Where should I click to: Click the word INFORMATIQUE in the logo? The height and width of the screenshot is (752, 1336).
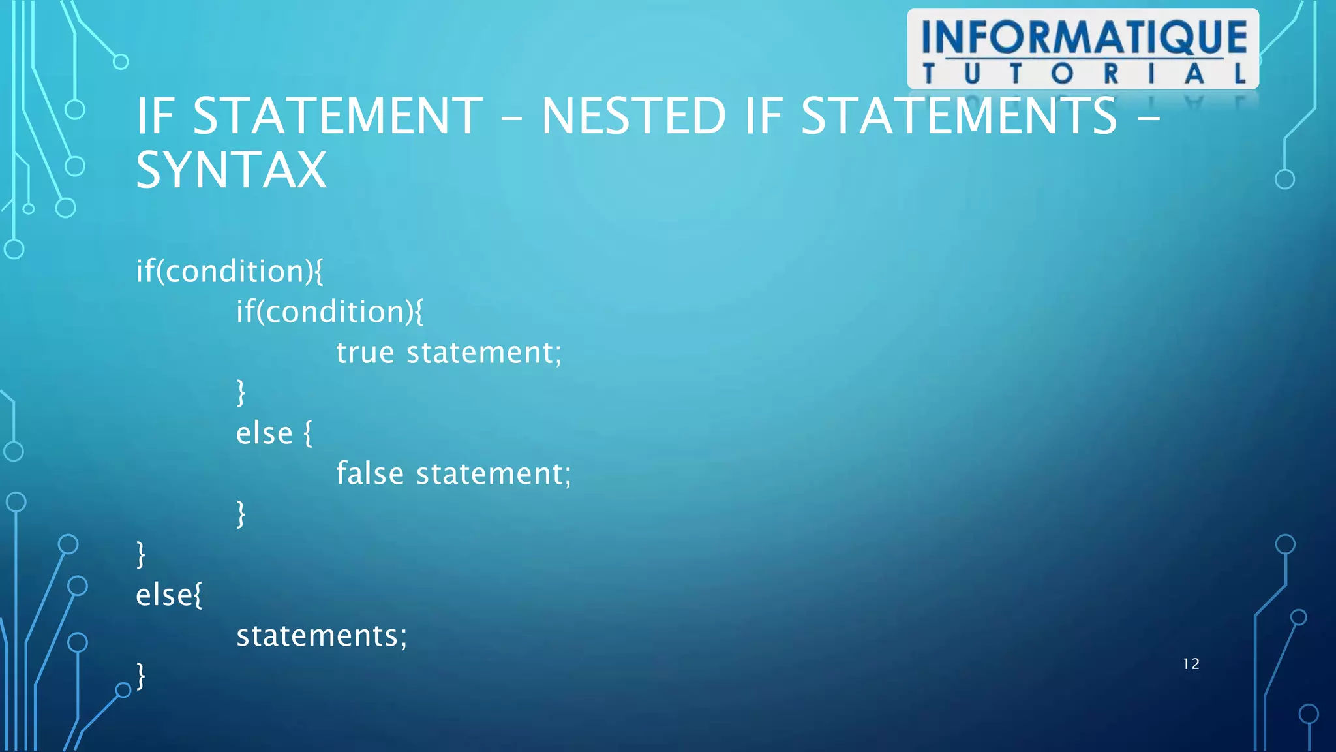pos(1084,37)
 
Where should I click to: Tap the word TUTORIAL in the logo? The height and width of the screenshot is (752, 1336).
pos(1084,74)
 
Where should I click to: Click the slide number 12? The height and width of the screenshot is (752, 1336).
pos(1191,664)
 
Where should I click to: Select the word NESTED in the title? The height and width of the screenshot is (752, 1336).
pos(633,116)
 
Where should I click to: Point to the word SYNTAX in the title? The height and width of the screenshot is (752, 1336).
pos(231,170)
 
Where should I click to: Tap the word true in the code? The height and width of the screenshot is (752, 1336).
pos(365,352)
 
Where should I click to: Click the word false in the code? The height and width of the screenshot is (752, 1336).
pos(370,473)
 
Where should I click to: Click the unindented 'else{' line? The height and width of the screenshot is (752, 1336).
pos(169,595)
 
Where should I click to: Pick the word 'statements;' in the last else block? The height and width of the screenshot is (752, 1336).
pos(322,636)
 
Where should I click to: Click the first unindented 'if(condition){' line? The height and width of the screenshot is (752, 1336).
pos(229,272)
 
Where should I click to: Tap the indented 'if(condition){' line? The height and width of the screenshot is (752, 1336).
pos(329,312)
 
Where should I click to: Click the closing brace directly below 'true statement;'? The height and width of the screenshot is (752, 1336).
pos(241,393)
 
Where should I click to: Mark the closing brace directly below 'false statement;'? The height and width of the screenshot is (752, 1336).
pos(241,514)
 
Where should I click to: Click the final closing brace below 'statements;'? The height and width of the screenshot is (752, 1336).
pos(140,676)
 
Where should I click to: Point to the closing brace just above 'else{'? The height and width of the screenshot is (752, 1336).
pos(140,555)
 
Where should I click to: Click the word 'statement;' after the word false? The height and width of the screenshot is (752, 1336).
pos(494,473)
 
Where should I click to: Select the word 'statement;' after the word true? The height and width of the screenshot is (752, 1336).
pos(484,352)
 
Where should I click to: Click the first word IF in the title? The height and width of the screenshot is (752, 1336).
pos(155,116)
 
